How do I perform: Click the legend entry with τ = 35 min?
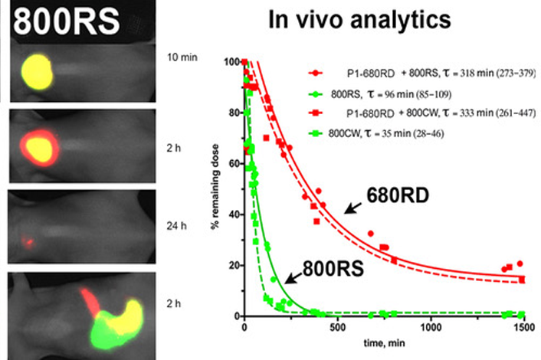(386, 134)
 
